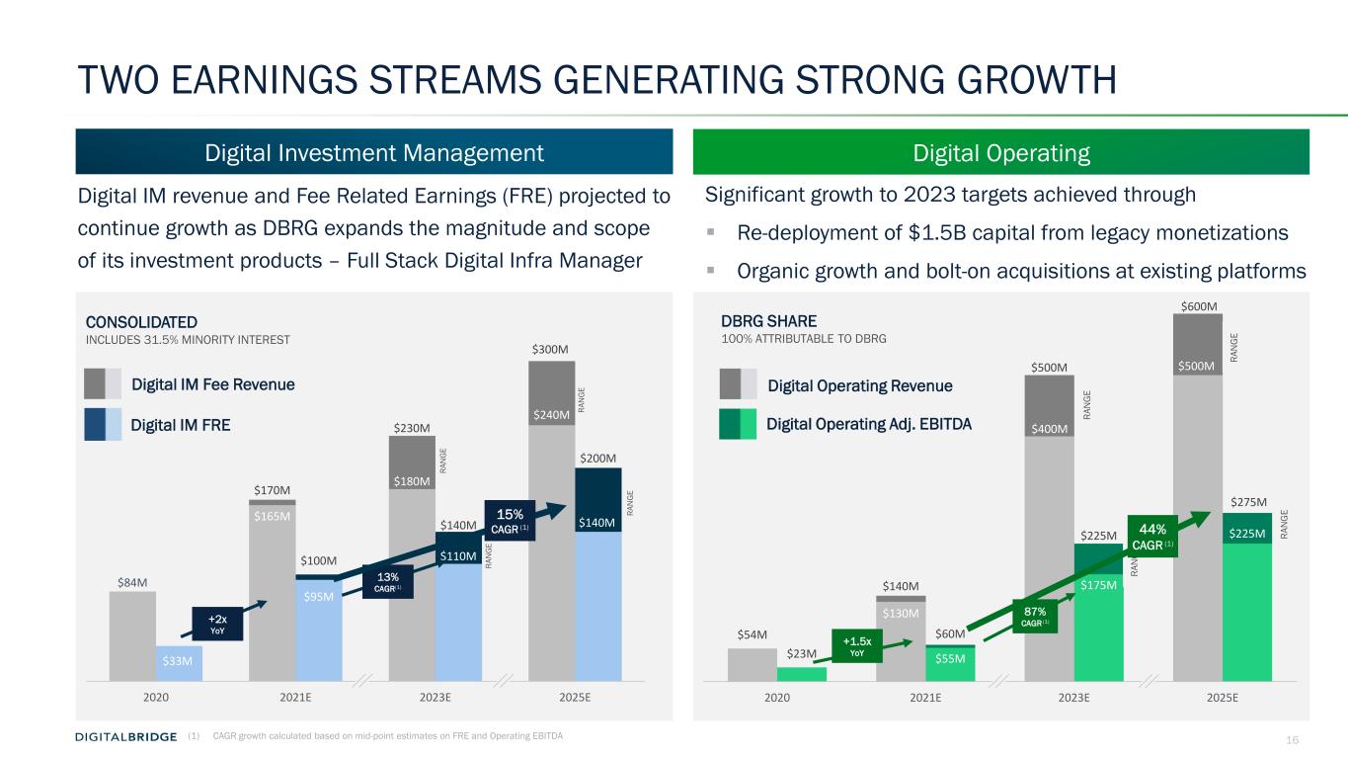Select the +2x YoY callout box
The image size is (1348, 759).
point(215,625)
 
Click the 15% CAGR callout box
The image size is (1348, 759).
point(509,520)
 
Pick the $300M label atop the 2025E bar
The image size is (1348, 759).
point(551,350)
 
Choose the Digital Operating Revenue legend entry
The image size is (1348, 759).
point(859,385)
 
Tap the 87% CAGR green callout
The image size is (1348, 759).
point(1033,618)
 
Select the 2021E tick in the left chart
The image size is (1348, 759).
point(295,697)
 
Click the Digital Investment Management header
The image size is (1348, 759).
point(373,153)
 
